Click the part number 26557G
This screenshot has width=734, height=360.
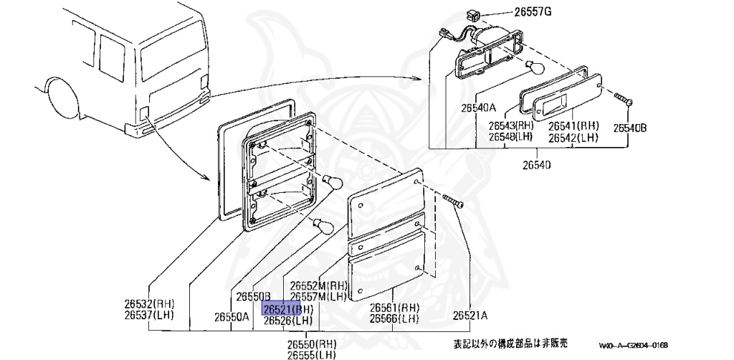point(533,11)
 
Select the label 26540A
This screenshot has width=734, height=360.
point(478,108)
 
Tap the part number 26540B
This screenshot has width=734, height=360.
point(630,128)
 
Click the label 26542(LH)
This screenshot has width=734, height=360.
point(573,136)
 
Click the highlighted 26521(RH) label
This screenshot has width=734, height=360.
point(288,310)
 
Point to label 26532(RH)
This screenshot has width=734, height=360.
point(149,303)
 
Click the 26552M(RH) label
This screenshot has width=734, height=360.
point(313,286)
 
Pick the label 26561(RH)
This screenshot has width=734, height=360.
point(394,308)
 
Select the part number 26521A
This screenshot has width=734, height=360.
point(470,315)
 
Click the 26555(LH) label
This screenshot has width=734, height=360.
point(313,354)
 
